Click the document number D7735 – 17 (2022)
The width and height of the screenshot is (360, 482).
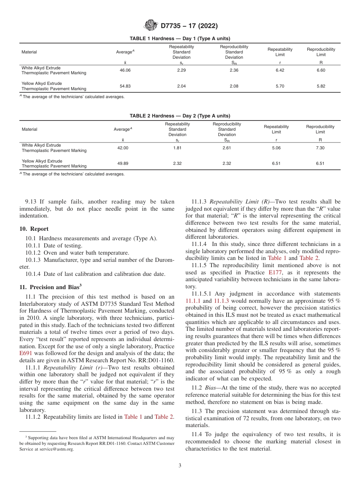[x=189, y=26]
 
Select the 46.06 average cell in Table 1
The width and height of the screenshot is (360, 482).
[x=125, y=70]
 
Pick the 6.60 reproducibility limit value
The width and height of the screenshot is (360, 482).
[x=321, y=70]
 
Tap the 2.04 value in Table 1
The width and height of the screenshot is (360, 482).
[x=182, y=86]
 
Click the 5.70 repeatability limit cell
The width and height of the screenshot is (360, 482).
[x=280, y=86]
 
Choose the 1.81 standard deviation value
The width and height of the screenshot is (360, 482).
[x=177, y=148]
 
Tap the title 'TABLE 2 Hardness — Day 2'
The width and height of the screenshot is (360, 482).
[x=180, y=116]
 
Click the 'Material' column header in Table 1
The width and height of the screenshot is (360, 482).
[x=29, y=52]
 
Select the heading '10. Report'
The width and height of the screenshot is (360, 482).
[x=34, y=229]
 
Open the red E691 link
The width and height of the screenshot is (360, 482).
[x=25, y=353]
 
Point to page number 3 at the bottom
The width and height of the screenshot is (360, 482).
[x=180, y=466]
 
